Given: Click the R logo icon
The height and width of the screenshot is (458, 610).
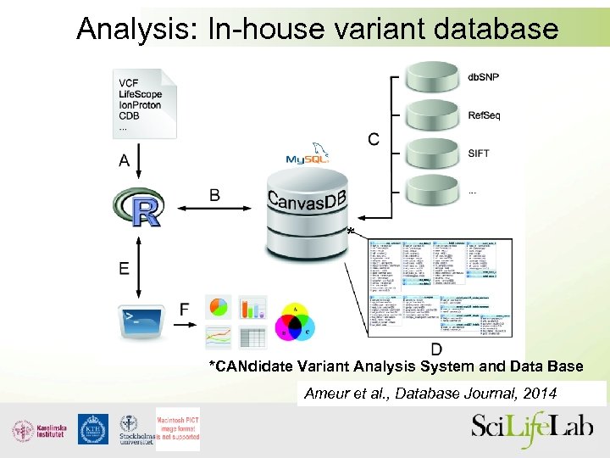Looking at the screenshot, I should click(137, 207).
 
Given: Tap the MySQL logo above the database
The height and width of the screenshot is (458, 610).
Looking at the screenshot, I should click(307, 159).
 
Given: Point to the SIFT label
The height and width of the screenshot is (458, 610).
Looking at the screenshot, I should click(479, 154).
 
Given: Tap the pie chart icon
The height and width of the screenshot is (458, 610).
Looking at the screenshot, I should click(219, 306).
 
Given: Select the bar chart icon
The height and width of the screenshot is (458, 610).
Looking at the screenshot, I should click(252, 306).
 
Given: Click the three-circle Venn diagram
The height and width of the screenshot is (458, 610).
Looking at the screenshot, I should click(295, 323).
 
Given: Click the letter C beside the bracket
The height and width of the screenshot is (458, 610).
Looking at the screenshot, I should click(373, 138).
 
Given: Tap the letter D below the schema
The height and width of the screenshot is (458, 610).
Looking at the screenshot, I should click(435, 349).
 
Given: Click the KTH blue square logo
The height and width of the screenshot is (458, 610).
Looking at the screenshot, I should click(92, 429).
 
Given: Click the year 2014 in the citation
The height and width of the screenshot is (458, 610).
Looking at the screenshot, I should click(540, 394).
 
